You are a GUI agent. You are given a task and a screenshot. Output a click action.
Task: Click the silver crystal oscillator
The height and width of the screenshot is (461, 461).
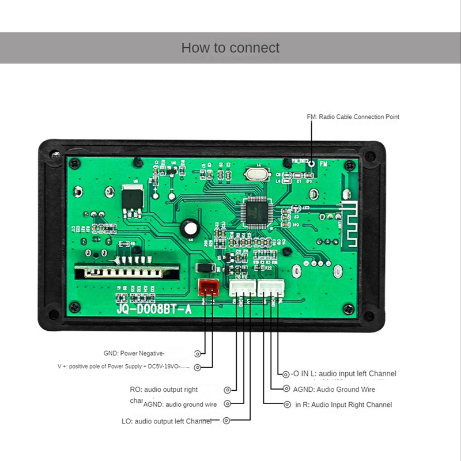pyautogui.click(x=254, y=175)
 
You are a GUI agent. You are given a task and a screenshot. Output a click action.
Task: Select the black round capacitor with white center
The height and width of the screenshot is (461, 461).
pyautogui.click(x=190, y=229)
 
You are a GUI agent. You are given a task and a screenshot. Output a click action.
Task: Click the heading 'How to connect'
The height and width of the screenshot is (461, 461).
pyautogui.click(x=231, y=48)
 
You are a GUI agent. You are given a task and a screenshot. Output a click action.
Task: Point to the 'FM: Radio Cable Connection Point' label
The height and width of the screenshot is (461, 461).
pyautogui.click(x=353, y=117)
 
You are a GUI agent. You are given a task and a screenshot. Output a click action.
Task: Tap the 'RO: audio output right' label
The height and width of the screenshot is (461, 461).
pyautogui.click(x=164, y=390)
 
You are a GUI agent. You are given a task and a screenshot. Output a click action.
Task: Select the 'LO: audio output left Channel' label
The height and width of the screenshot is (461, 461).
pyautogui.click(x=167, y=421)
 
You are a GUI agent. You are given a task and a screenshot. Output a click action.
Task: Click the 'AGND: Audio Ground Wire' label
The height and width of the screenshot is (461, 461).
pyautogui.click(x=334, y=390)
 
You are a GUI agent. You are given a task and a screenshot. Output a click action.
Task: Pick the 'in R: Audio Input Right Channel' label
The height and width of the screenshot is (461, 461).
pyautogui.click(x=343, y=405)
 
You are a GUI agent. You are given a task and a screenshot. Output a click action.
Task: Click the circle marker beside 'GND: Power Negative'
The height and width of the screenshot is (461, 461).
pyautogui.click(x=198, y=353)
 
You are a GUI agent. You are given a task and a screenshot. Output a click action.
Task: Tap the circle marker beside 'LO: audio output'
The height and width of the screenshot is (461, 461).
pyautogui.click(x=226, y=421)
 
